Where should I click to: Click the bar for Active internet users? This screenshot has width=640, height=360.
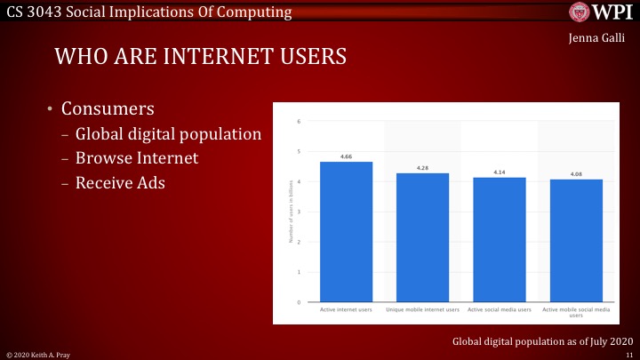346,232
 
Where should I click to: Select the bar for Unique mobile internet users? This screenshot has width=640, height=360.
422,237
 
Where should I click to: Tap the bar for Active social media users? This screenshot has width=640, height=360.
499,240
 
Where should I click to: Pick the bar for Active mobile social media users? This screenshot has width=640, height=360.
576,241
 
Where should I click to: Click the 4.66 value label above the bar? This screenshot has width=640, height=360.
346,156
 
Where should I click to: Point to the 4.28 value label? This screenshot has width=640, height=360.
422,168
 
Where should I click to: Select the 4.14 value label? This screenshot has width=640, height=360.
499,172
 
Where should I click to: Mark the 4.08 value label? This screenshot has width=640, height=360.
576,174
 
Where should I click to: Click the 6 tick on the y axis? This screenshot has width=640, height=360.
299,121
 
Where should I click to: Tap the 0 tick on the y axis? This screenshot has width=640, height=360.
299,302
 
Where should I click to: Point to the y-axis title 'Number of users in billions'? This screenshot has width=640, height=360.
291,212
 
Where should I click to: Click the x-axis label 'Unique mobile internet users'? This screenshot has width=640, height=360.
422,310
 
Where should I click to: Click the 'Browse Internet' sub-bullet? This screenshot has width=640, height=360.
137,158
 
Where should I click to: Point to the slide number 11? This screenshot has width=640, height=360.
628,354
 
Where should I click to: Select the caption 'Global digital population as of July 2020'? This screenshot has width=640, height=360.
541,340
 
